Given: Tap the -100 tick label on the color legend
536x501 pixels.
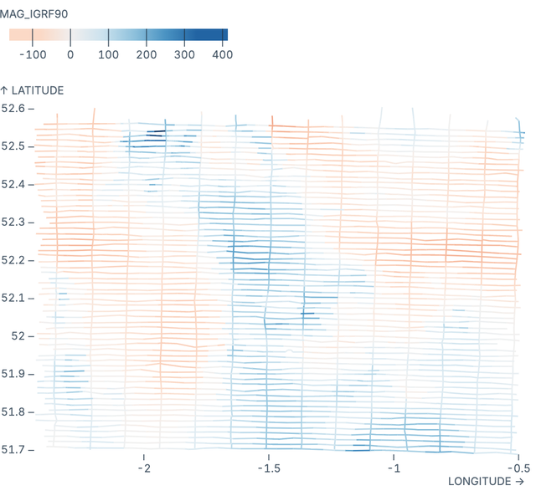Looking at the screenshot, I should pyautogui.click(x=32, y=54).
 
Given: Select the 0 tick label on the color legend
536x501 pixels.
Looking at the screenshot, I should pyautogui.click(x=70, y=54).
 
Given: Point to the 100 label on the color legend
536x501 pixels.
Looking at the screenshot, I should pyautogui.click(x=108, y=54).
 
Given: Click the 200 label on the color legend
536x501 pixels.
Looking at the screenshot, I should pyautogui.click(x=147, y=54).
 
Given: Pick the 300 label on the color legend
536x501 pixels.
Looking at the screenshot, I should pyautogui.click(x=184, y=54).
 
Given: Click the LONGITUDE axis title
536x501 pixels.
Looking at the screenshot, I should pyautogui.click(x=486, y=482).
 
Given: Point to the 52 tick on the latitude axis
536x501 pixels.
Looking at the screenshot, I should pyautogui.click(x=18, y=336).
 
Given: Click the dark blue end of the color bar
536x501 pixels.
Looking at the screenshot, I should pyautogui.click(x=224, y=34).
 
